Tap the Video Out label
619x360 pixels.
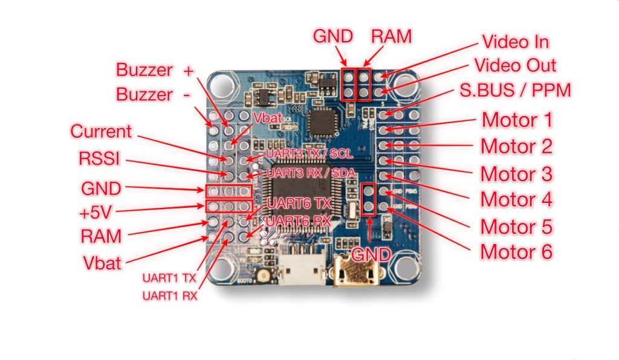coord(515,65)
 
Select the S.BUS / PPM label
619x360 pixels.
coord(522,91)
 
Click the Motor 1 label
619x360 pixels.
coord(516,120)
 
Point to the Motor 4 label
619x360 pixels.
coord(516,199)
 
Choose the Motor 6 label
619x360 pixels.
coord(516,252)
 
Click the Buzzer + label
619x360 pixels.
coord(154,70)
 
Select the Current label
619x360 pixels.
coord(101,131)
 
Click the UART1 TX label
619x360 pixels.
coord(169,278)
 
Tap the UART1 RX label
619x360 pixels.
coord(169,296)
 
